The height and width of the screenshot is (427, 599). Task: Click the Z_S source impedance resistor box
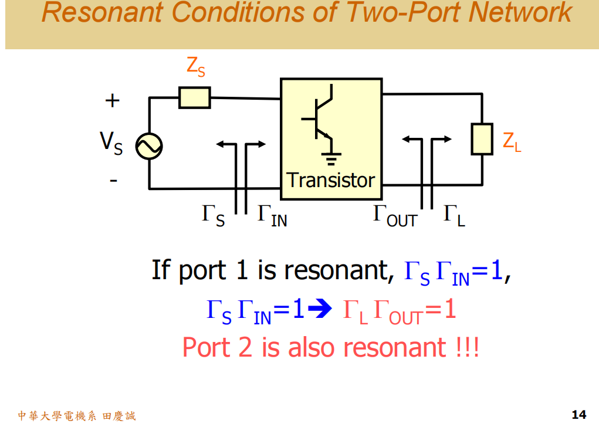tap(195, 98)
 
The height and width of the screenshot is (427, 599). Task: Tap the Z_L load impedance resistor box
tap(482, 140)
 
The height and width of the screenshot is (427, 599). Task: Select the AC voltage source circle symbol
tap(148, 146)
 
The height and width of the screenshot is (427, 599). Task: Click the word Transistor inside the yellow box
tap(330, 179)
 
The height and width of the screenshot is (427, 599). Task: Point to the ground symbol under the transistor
tap(332, 158)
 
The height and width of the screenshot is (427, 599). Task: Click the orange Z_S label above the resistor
tap(196, 66)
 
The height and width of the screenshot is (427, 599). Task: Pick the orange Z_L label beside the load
tap(512, 141)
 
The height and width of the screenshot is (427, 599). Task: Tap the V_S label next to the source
tap(111, 143)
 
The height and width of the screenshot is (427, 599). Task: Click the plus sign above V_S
tap(112, 101)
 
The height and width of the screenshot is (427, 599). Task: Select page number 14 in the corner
tap(578, 415)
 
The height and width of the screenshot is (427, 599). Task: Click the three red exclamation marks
tap(467, 347)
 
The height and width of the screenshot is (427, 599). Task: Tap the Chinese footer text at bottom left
tap(77, 416)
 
